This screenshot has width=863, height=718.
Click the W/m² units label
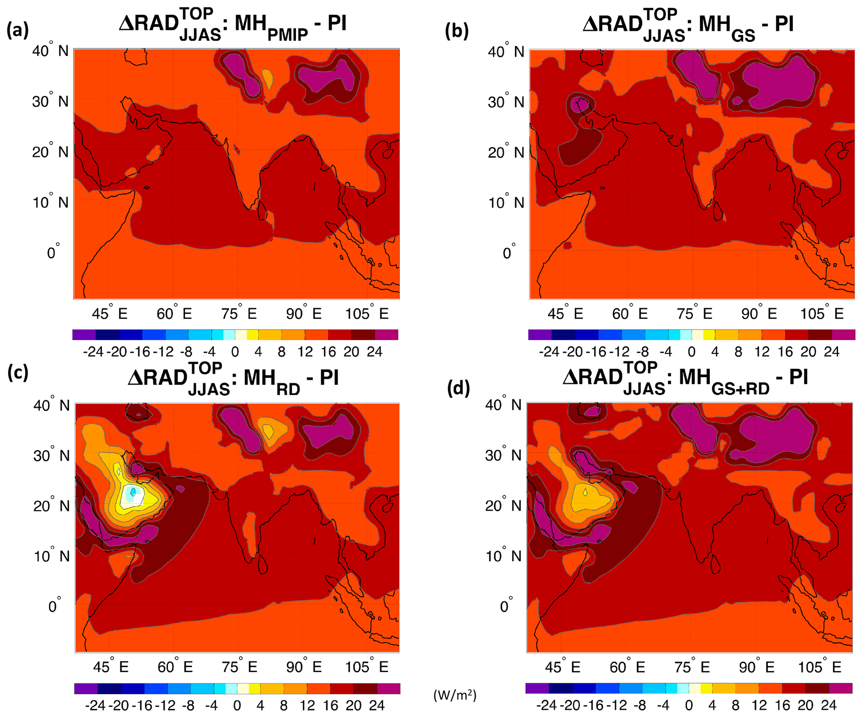tap(455, 695)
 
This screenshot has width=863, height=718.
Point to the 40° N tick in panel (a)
tap(50, 51)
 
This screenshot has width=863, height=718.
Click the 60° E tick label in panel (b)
tap(630, 314)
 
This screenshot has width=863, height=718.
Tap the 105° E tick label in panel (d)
tap(819, 667)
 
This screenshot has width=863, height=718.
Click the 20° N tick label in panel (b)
tap(506, 152)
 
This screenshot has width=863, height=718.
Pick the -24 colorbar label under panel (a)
tap(93, 352)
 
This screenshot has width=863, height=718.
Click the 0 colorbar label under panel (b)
tap(691, 352)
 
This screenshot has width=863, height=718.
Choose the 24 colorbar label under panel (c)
tap(377, 706)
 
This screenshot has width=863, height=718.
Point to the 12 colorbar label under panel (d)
tap(759, 705)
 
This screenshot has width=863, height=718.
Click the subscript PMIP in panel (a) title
tap(287, 35)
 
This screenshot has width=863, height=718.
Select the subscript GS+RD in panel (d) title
tap(740, 389)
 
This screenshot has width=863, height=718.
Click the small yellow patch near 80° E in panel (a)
tap(267, 78)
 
